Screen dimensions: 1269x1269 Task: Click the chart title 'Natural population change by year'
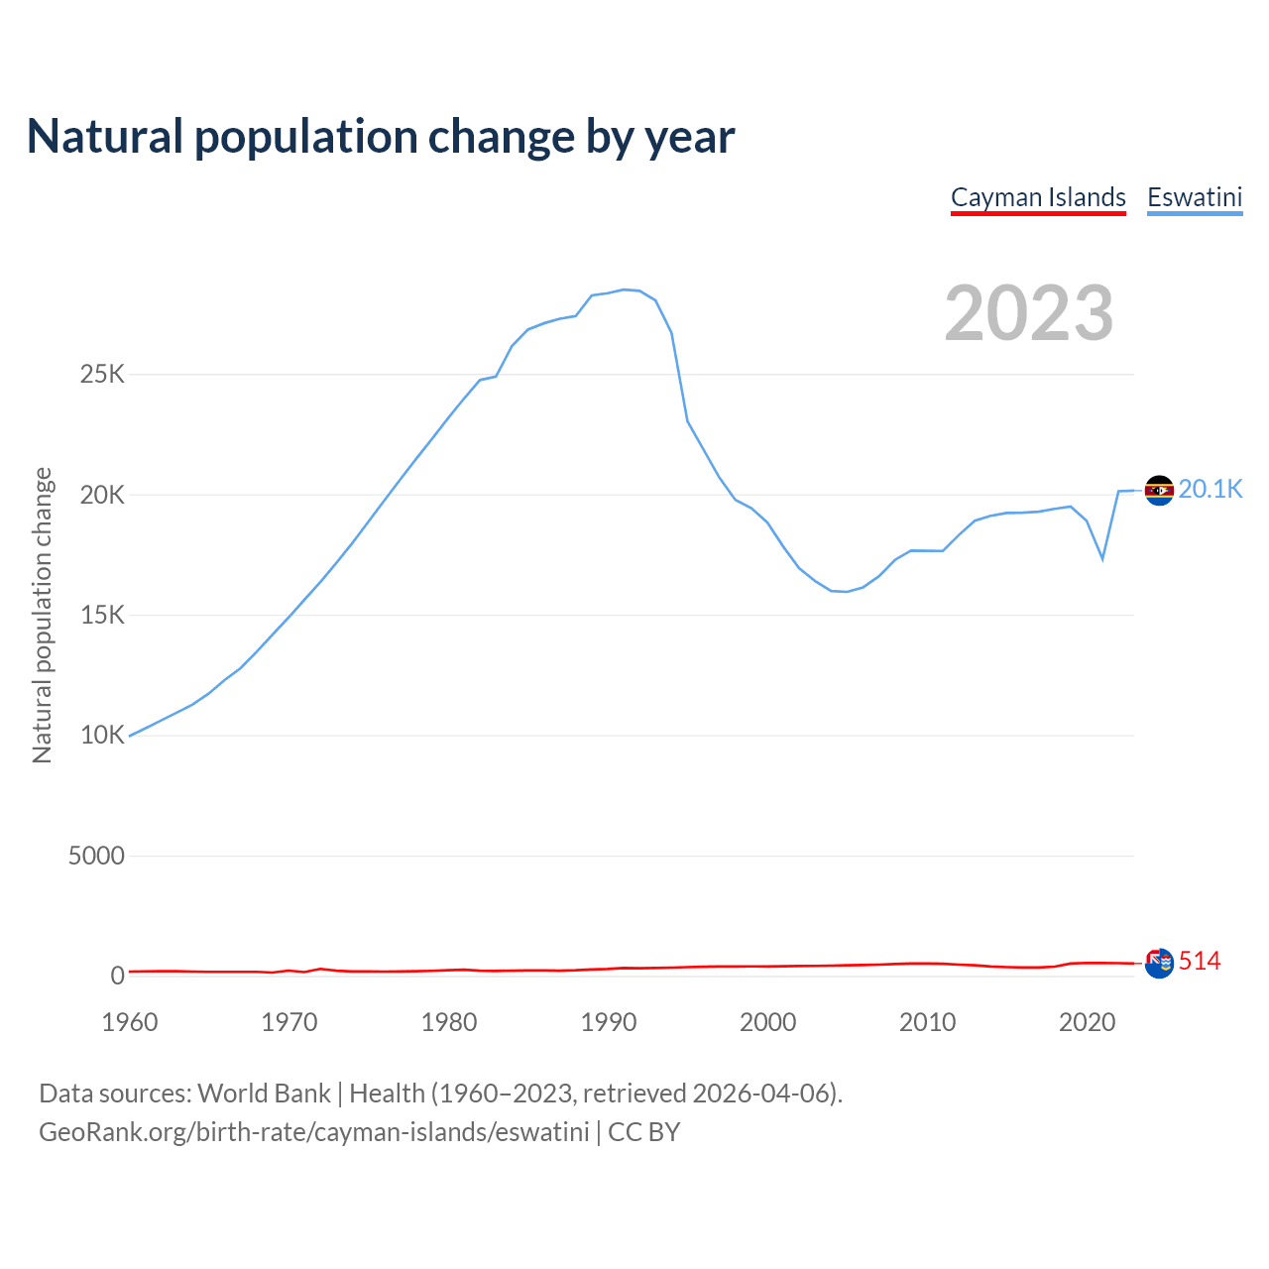click(381, 137)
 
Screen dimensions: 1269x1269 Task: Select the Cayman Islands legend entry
click(1038, 197)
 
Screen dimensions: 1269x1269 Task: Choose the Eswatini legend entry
click(1195, 197)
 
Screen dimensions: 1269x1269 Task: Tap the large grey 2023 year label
click(1029, 313)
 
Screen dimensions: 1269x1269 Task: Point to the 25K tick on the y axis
click(103, 375)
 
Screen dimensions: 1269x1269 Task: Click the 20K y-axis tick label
click(103, 495)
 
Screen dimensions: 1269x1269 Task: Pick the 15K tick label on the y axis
click(103, 616)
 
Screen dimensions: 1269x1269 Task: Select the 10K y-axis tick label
click(103, 736)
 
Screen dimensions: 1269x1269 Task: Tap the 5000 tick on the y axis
click(96, 856)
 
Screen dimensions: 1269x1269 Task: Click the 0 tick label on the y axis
click(118, 976)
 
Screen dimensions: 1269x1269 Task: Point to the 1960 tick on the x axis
click(130, 1022)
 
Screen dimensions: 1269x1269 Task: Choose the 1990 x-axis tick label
click(609, 1022)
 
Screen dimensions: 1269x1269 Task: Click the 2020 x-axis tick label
click(1088, 1022)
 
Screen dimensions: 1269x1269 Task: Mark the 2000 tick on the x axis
click(768, 1022)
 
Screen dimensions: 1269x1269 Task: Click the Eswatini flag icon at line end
click(1159, 490)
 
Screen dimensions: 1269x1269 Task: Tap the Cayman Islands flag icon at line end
click(1159, 962)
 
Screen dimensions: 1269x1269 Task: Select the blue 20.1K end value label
click(1211, 489)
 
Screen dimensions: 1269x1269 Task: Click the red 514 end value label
click(1200, 961)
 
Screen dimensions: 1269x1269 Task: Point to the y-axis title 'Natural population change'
click(42, 616)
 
